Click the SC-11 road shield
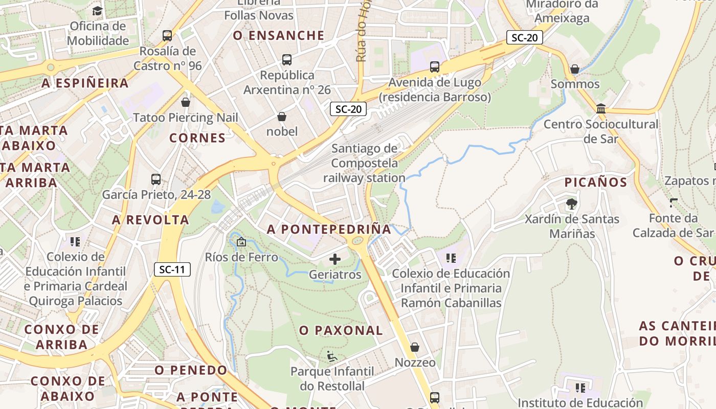172,269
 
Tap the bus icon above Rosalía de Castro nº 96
167,36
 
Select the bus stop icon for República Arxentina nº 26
287,60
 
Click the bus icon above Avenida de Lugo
435,67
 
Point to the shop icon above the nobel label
281,117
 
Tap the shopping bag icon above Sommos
575,69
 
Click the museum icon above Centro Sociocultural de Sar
601,109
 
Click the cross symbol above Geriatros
335,260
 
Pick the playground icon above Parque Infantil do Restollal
332,356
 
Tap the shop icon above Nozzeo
415,348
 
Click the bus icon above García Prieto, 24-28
156,179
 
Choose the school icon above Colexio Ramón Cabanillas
451,258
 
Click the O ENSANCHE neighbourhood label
279,35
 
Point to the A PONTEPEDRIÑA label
329,230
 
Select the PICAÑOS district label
596,183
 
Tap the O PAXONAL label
341,331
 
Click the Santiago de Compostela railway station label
364,163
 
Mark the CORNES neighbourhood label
197,138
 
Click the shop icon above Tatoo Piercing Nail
186,102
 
